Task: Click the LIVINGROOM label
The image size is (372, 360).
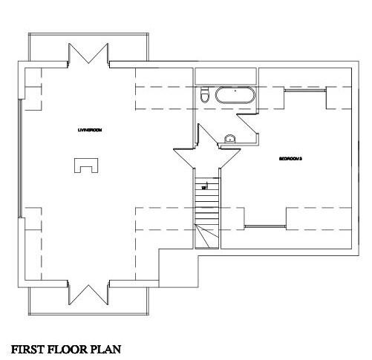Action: click(89, 130)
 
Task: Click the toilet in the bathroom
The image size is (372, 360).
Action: click(204, 96)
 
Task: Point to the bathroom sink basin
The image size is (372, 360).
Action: click(230, 137)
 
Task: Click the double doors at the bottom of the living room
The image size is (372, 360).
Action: click(88, 293)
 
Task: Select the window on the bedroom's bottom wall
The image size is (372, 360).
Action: click(266, 225)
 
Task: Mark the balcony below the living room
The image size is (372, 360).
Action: click(88, 304)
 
